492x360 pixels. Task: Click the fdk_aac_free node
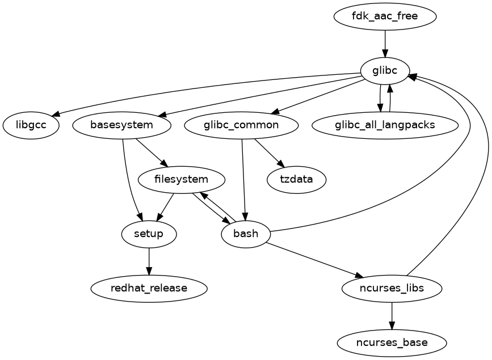pyautogui.click(x=385, y=16)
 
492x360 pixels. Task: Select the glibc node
pyautogui.click(x=385, y=70)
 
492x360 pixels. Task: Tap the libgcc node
pyautogui.click(x=31, y=125)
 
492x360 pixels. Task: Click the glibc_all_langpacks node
pyautogui.click(x=385, y=125)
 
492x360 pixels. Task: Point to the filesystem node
pyautogui.click(x=181, y=180)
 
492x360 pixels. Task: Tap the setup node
pyautogui.click(x=149, y=234)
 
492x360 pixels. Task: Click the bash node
pyautogui.click(x=246, y=234)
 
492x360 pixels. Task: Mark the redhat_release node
pyautogui.click(x=149, y=289)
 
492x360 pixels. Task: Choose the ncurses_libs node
pyautogui.click(x=392, y=289)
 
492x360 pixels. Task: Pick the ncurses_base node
pyautogui.click(x=392, y=343)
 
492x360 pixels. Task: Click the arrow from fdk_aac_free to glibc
pyautogui.click(x=385, y=43)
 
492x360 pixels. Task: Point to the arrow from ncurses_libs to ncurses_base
pyautogui.click(x=392, y=316)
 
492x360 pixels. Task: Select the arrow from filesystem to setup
pyautogui.click(x=165, y=207)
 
